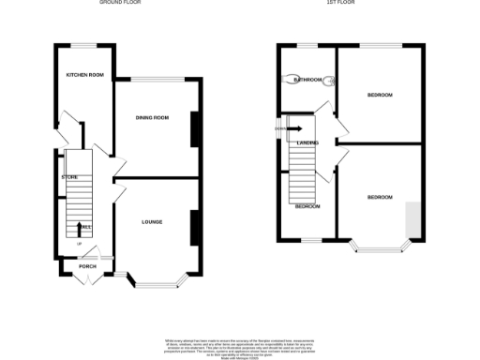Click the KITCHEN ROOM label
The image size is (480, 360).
pyautogui.click(x=82, y=74)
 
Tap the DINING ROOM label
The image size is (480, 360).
pyautogui.click(x=152, y=117)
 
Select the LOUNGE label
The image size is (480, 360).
pyautogui.click(x=152, y=222)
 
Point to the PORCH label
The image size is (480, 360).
pyautogui.click(x=86, y=266)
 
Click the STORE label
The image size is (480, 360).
pyautogui.click(x=69, y=176)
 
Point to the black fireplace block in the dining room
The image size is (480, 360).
pyautogui.click(x=195, y=130)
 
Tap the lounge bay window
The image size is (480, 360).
pyautogui.click(x=157, y=279)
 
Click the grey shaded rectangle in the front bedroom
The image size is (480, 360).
pyautogui.click(x=412, y=219)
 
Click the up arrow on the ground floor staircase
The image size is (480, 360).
pyautogui.click(x=80, y=227)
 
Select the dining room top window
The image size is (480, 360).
pyautogui.click(x=157, y=79)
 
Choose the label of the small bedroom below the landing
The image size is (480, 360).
pyautogui.click(x=307, y=206)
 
